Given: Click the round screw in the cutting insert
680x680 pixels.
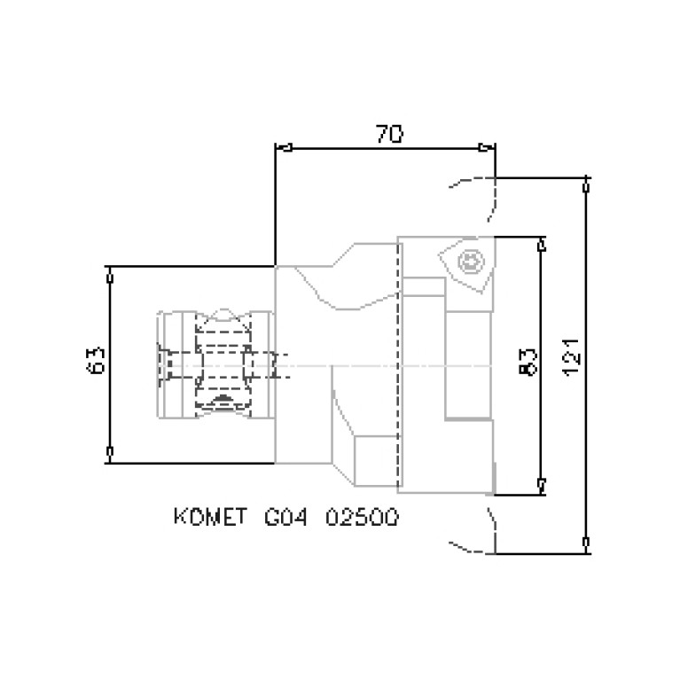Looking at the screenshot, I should (x=469, y=261).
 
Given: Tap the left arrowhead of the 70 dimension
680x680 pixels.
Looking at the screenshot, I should (x=283, y=147).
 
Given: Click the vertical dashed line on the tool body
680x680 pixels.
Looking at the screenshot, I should (x=400, y=363).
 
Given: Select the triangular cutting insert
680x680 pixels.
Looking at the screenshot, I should (x=465, y=262).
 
